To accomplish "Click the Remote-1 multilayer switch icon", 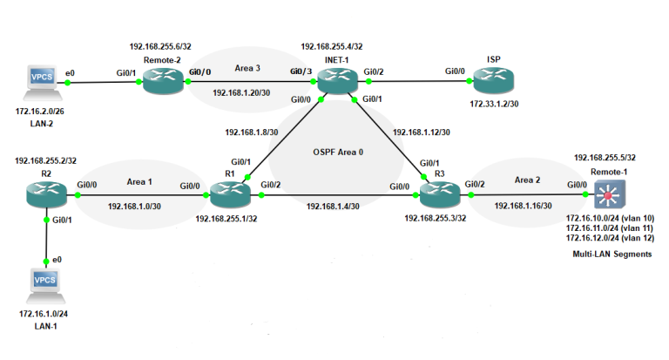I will (609, 193).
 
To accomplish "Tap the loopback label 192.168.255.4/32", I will (332, 45).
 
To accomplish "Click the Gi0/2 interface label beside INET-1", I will (373, 71).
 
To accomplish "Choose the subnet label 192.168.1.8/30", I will (253, 132).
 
